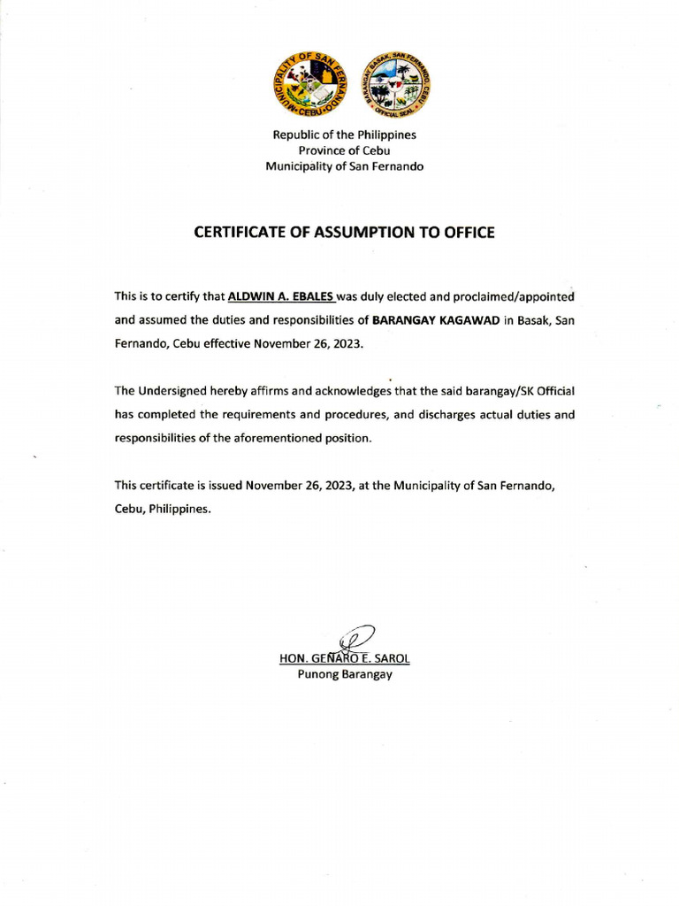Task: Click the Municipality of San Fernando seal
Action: (307, 87)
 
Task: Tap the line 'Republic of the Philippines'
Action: (344, 135)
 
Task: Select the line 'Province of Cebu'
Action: (344, 150)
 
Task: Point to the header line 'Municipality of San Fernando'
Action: (344, 166)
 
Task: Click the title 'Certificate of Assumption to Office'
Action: (344, 233)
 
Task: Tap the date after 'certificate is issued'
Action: (300, 486)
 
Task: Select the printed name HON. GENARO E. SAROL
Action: (344, 659)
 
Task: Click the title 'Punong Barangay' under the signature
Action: (344, 675)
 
